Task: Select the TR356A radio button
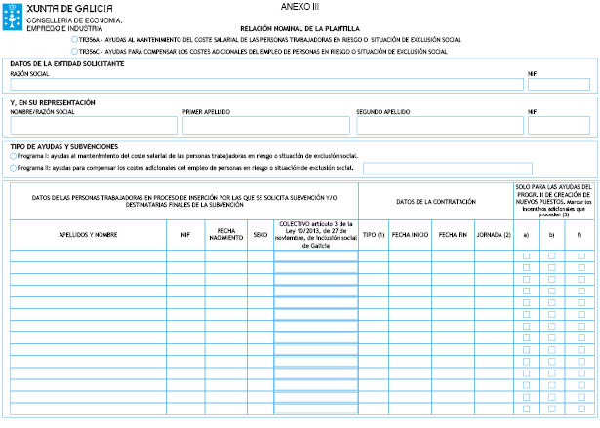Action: click(x=75, y=40)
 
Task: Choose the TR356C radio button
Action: click(x=75, y=51)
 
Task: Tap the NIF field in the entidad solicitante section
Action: click(x=559, y=84)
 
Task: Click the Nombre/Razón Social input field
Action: click(x=93, y=125)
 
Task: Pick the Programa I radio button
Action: click(x=12, y=156)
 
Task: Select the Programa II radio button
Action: click(x=12, y=168)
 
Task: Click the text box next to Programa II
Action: click(x=447, y=168)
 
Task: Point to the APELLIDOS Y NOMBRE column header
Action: click(x=88, y=235)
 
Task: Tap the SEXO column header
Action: click(x=260, y=235)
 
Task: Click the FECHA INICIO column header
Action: click(x=410, y=235)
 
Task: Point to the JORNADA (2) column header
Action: click(x=493, y=235)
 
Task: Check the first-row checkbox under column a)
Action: click(x=527, y=255)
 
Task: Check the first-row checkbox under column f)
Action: click(x=580, y=255)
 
